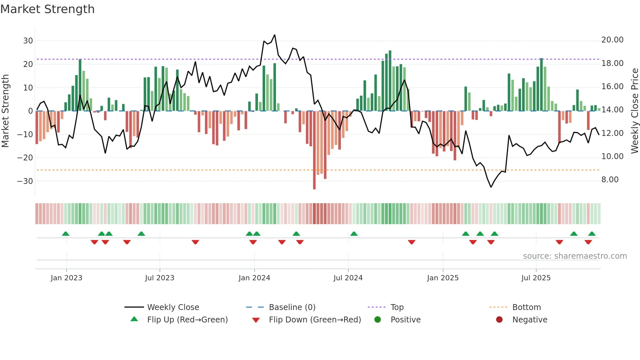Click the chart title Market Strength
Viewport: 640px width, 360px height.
tap(47, 9)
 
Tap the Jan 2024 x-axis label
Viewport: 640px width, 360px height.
tap(254, 278)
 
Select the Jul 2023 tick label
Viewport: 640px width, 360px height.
tap(160, 278)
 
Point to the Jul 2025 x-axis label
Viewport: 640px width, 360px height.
tap(536, 278)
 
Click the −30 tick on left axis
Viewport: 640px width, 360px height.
tap(25, 181)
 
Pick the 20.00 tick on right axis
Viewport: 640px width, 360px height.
tap(612, 40)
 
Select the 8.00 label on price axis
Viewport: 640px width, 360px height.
tap(610, 180)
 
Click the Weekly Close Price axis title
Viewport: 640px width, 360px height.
tap(634, 111)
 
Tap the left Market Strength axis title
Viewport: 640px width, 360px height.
tap(5, 111)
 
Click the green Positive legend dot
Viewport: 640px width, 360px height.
tap(378, 319)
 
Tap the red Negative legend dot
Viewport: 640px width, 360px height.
tap(499, 319)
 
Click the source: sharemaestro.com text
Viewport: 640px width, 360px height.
tap(575, 256)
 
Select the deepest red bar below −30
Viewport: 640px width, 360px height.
tap(314, 183)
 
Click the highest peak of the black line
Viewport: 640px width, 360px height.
tap(275, 35)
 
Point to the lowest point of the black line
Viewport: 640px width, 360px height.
tap(491, 187)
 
